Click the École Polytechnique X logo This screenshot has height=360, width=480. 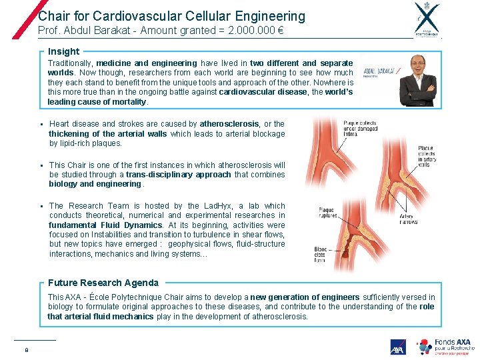point(427,18)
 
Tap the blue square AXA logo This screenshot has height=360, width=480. point(398,347)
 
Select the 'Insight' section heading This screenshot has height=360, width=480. point(63,51)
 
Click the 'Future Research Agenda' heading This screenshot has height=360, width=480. point(103,283)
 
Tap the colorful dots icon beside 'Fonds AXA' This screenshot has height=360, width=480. point(424,347)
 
